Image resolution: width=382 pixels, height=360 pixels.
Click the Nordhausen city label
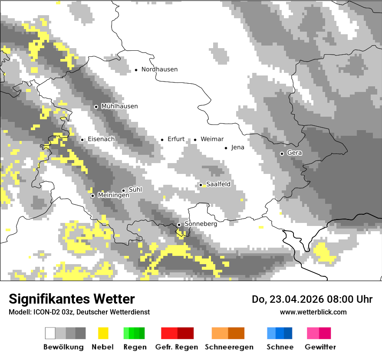(159, 69)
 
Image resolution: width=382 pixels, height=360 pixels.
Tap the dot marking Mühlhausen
(96, 107)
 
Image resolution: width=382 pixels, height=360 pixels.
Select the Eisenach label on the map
(101, 139)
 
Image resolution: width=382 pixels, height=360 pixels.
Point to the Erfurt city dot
(162, 140)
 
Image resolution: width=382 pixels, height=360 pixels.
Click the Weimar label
(212, 139)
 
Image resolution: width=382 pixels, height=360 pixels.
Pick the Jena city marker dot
(226, 148)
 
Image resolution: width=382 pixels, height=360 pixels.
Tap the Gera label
(294, 153)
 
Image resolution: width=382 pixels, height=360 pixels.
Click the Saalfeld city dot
(201, 185)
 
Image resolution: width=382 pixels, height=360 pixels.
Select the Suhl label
(135, 190)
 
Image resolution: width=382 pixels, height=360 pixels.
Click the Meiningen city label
(113, 196)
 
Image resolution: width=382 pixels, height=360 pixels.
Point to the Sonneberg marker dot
(179, 225)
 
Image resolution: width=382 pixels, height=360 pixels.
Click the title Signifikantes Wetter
(72, 299)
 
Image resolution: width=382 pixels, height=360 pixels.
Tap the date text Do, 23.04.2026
(289, 299)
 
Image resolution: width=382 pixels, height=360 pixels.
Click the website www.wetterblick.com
(313, 312)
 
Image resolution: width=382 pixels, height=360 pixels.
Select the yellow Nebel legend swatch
(103, 333)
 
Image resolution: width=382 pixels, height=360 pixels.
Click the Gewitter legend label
(320, 347)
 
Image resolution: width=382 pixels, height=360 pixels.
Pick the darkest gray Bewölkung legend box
(81, 333)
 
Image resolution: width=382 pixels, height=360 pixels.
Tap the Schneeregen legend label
(229, 347)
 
